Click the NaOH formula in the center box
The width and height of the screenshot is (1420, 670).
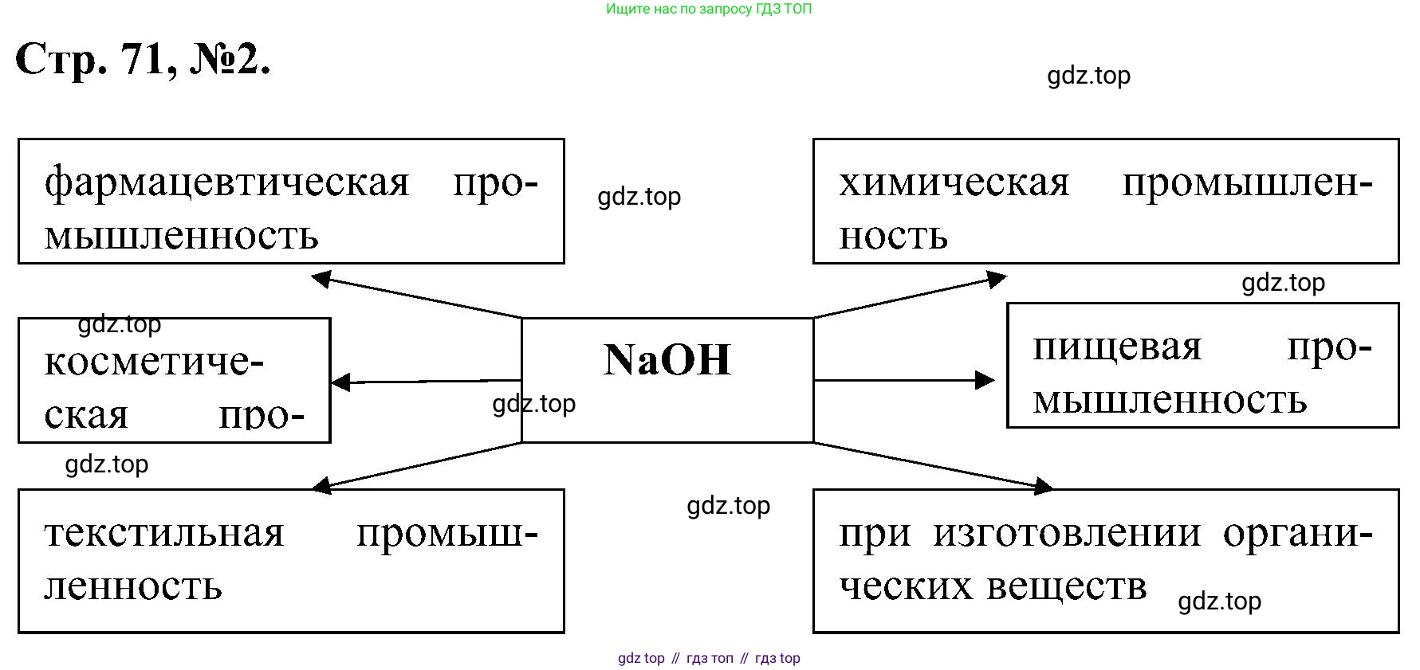(667, 359)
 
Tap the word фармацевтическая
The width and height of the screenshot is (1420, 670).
(226, 182)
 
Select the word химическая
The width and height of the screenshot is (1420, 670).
(954, 182)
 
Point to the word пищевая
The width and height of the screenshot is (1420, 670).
(1116, 347)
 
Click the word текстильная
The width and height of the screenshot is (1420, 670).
(163, 533)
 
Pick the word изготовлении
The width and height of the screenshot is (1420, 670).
(1067, 533)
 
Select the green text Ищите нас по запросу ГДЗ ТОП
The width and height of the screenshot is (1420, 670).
(709, 10)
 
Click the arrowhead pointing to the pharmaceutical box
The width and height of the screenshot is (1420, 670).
(321, 278)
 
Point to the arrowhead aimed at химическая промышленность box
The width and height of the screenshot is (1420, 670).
(997, 279)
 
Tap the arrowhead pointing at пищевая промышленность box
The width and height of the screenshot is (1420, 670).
(985, 380)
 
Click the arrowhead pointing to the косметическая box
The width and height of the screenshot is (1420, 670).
(340, 382)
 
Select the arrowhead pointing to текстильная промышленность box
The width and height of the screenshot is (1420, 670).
(321, 484)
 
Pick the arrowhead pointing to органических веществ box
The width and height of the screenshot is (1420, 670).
(1043, 485)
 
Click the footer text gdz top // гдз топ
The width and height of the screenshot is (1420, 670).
(709, 658)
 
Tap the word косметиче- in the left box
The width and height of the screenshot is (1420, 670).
(153, 362)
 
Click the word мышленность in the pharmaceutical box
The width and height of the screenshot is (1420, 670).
(181, 236)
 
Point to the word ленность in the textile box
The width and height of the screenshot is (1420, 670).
(132, 586)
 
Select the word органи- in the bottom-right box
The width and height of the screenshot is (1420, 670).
(1297, 533)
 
